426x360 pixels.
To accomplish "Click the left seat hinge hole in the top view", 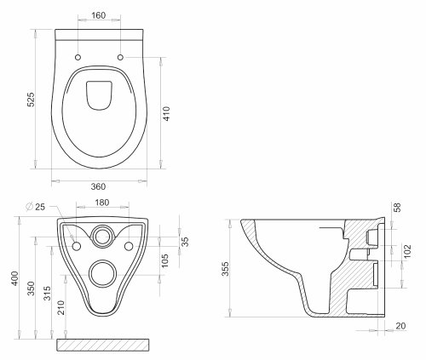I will pyautogui.click(x=78, y=58).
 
